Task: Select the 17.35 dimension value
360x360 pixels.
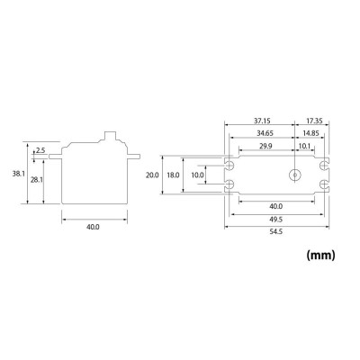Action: point(316,120)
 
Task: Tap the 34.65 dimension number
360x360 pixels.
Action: point(268,132)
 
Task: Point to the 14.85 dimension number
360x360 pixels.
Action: point(310,132)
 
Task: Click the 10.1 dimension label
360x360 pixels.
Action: point(304,145)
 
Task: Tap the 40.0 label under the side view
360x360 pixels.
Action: point(92,227)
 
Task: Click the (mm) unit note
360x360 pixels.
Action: point(320,256)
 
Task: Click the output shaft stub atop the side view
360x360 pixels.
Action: point(112,138)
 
